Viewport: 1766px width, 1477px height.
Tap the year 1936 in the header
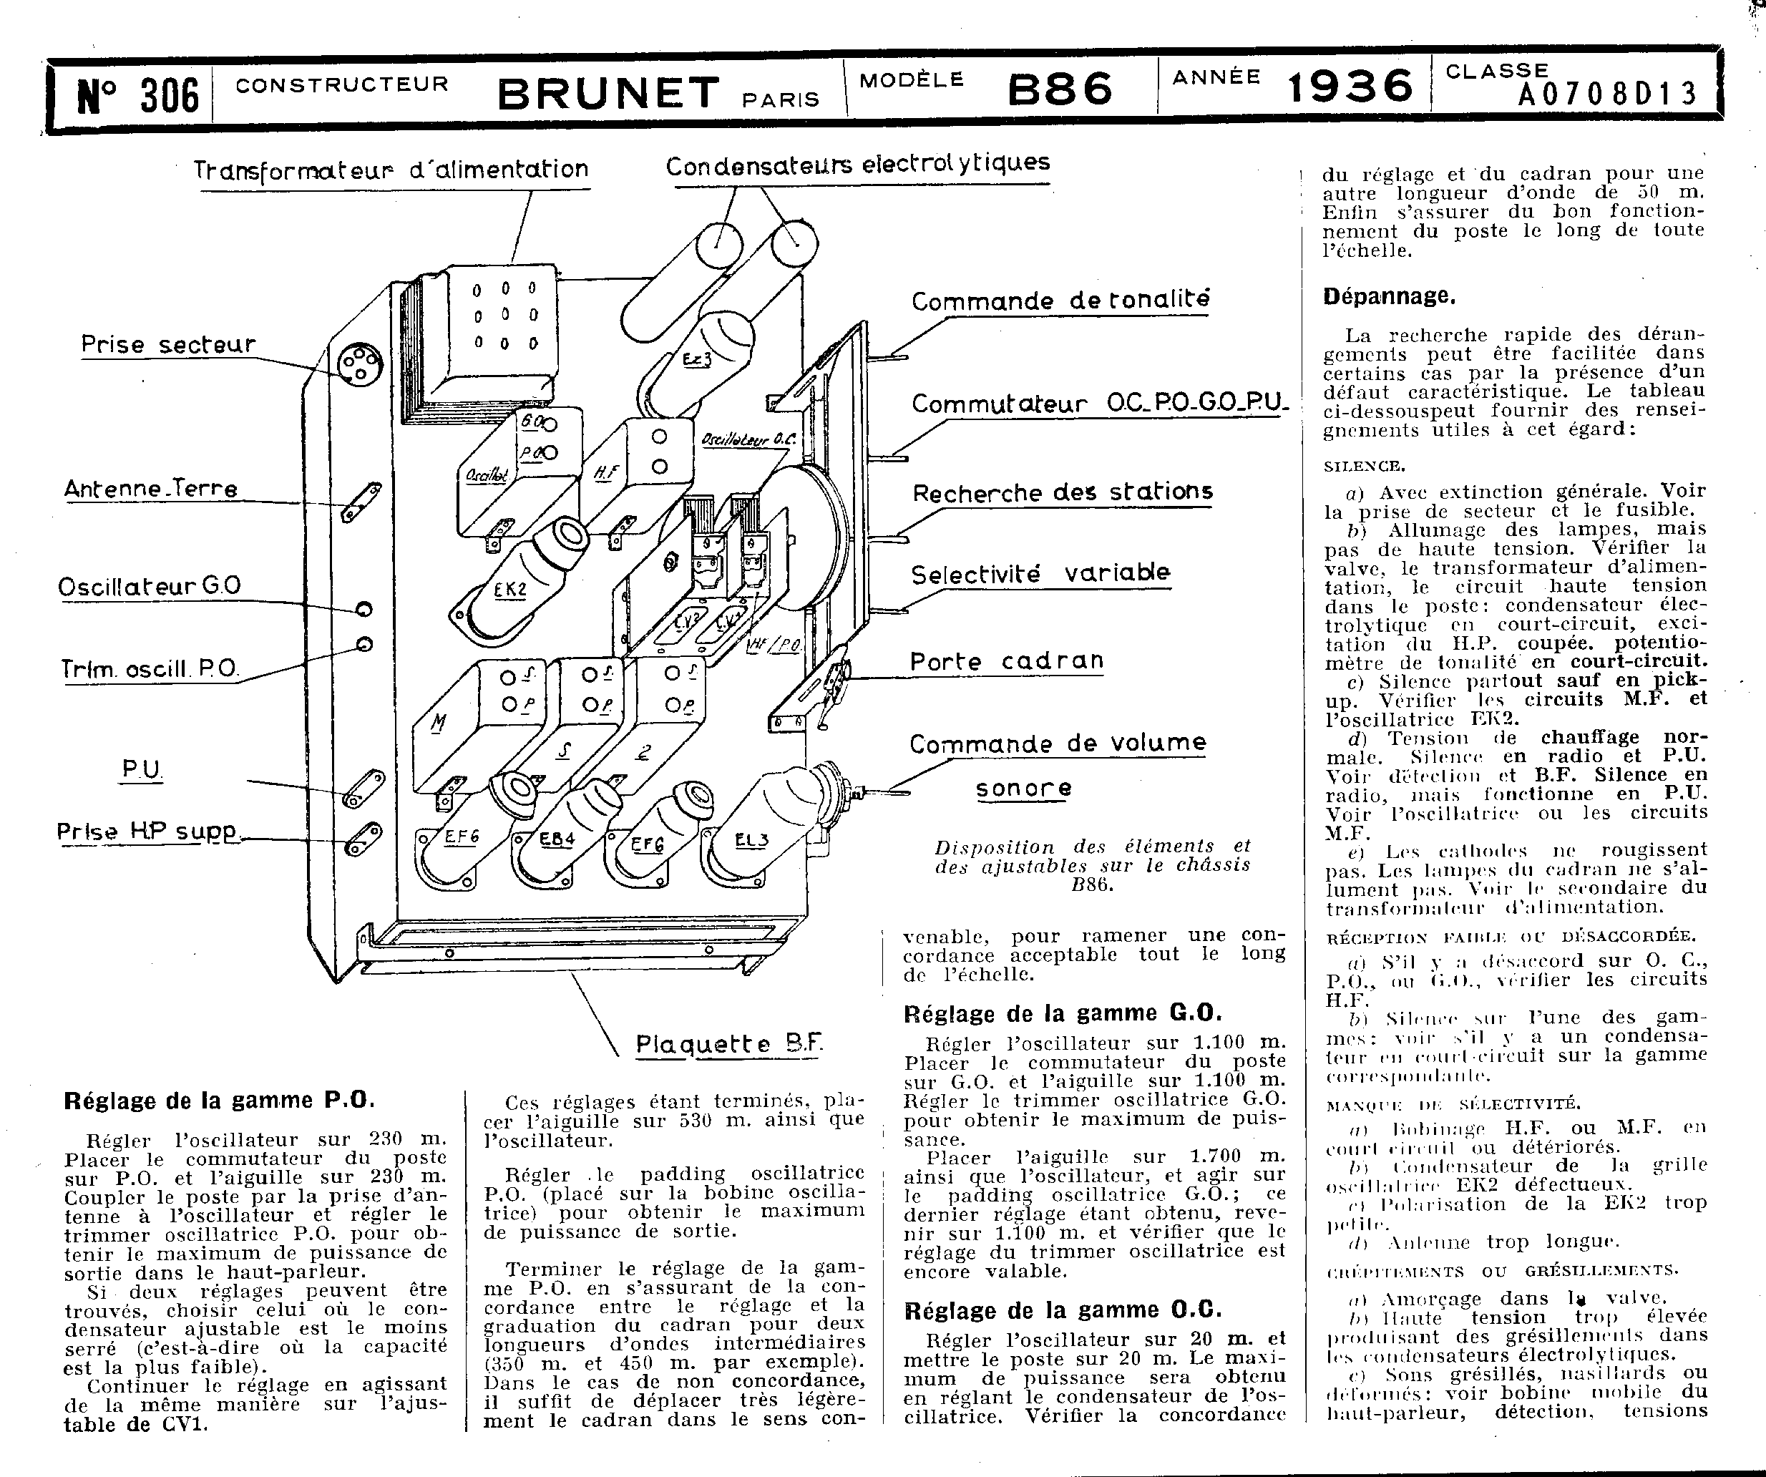pos(1349,87)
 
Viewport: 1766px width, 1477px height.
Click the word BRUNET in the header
pos(609,93)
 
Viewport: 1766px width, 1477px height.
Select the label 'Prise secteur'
pos(168,345)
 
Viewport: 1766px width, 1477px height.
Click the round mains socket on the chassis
pos(359,365)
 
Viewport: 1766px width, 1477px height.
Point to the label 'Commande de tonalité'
pos(1060,301)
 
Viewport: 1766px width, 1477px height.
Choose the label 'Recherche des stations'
pos(1062,492)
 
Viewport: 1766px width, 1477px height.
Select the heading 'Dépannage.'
pos(1388,296)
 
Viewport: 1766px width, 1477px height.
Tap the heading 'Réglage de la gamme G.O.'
pos(1062,1013)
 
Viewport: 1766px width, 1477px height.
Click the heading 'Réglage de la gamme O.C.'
pos(1062,1310)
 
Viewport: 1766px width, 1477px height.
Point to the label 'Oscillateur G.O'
pos(150,586)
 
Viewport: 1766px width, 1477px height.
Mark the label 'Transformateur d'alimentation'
pos(391,170)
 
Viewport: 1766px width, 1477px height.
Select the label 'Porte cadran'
pos(1007,662)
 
